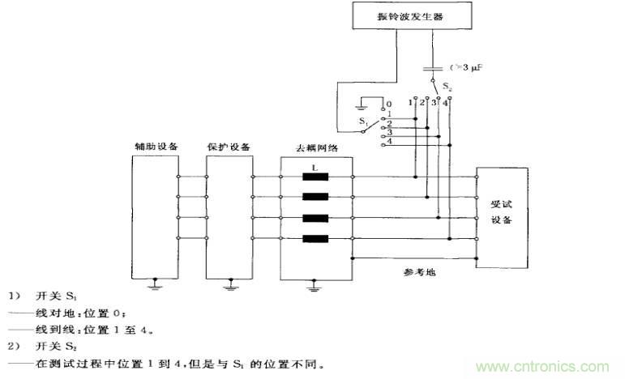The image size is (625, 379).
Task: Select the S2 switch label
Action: [438, 83]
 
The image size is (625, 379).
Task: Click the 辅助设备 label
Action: [156, 147]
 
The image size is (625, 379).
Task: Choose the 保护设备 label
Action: [230, 147]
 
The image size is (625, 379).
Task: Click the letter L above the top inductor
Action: [315, 166]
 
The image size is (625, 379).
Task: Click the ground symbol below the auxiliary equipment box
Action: [155, 284]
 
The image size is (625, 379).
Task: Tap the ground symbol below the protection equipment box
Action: [230, 284]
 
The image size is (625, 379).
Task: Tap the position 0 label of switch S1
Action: [389, 104]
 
